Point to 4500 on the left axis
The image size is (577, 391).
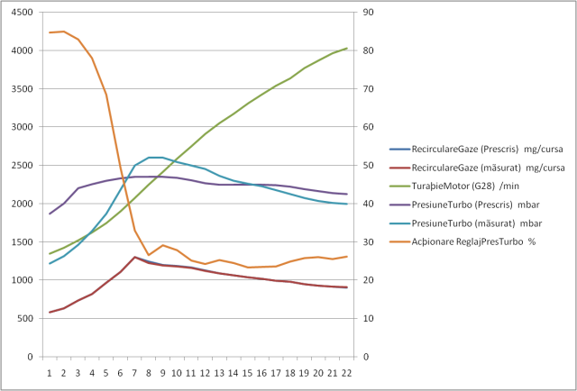point(23,13)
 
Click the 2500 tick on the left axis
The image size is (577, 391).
point(23,166)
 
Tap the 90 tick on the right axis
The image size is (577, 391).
point(369,13)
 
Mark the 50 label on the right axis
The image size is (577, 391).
point(369,166)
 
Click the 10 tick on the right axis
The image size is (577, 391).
point(369,318)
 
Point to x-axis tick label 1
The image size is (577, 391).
point(50,370)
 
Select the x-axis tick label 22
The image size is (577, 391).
point(347,370)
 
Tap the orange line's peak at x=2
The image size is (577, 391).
point(64,32)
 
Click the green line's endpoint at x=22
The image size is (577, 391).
point(347,48)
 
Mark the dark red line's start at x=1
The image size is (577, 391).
point(50,313)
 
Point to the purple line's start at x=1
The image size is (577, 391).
point(50,214)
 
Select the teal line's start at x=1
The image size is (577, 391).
point(50,263)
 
